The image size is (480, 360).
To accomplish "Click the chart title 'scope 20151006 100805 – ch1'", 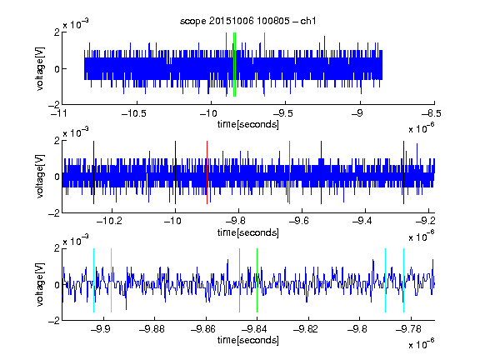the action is tap(247, 21).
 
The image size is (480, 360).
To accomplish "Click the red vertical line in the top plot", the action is tap(226, 65).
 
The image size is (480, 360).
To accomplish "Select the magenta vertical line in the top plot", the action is tap(264, 65).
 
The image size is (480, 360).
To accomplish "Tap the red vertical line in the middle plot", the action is tap(207, 172).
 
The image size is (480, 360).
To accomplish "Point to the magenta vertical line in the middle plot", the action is tap(290, 172).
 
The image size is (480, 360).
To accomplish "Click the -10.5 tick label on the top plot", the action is tap(134, 113).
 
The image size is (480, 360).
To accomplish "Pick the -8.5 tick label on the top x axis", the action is tap(432, 113).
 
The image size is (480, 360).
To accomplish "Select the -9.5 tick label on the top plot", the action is tap(282, 113).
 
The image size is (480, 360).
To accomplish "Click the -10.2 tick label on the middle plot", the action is tap(109, 220).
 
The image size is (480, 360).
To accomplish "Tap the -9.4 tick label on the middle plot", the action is tap(362, 220).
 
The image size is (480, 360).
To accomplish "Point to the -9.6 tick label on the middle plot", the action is tap(299, 220).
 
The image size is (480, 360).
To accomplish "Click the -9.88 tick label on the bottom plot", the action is tap(152, 329).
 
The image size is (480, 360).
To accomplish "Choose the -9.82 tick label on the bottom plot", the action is tap(306, 329).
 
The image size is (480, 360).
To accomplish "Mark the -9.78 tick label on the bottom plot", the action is tap(408, 329).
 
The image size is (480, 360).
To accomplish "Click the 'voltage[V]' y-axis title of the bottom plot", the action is tap(40, 284).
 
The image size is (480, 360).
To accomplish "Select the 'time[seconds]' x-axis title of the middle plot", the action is tap(248, 232).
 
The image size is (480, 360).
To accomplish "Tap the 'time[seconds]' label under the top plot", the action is tap(248, 124).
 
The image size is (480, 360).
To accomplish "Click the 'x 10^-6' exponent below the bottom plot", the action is tap(422, 343).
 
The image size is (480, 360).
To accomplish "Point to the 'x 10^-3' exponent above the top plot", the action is tap(76, 23).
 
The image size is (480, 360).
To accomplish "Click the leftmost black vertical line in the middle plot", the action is tap(93, 172).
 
